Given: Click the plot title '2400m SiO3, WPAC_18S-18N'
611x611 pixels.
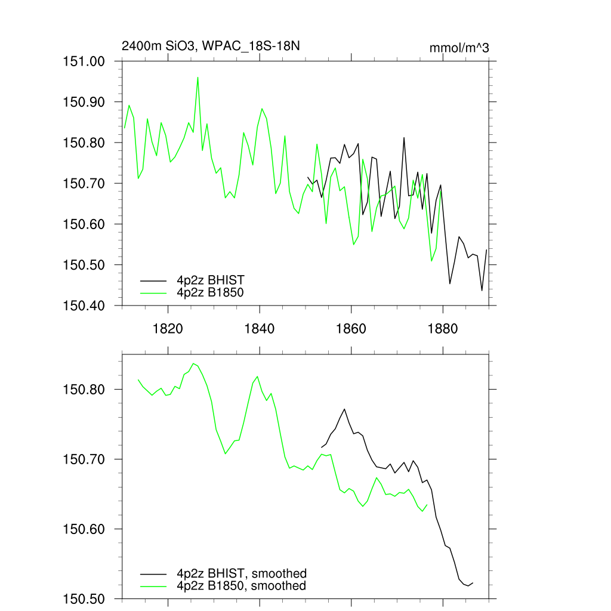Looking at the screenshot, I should click(x=215, y=47).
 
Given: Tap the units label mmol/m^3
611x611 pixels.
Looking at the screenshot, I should click(x=459, y=48).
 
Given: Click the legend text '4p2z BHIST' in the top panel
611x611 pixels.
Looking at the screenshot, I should click(x=211, y=279).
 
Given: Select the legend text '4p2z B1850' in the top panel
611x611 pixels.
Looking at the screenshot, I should click(x=211, y=292).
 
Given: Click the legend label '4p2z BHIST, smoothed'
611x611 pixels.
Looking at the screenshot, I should click(x=242, y=573).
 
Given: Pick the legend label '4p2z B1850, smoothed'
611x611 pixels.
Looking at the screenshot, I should click(x=242, y=586).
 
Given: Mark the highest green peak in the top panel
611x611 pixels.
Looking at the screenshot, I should click(x=198, y=77).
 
